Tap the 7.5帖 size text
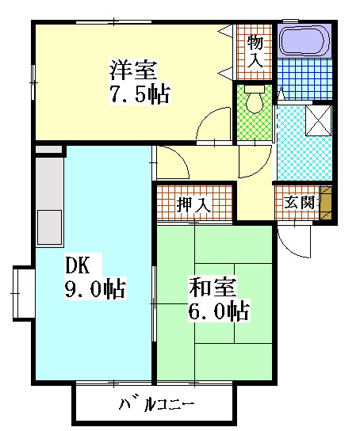[140, 93]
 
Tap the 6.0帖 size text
[219, 311]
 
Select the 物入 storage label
[255, 50]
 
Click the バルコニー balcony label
[156, 406]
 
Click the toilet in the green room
[255, 102]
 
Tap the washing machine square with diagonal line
[319, 120]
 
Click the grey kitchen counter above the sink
[48, 178]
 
